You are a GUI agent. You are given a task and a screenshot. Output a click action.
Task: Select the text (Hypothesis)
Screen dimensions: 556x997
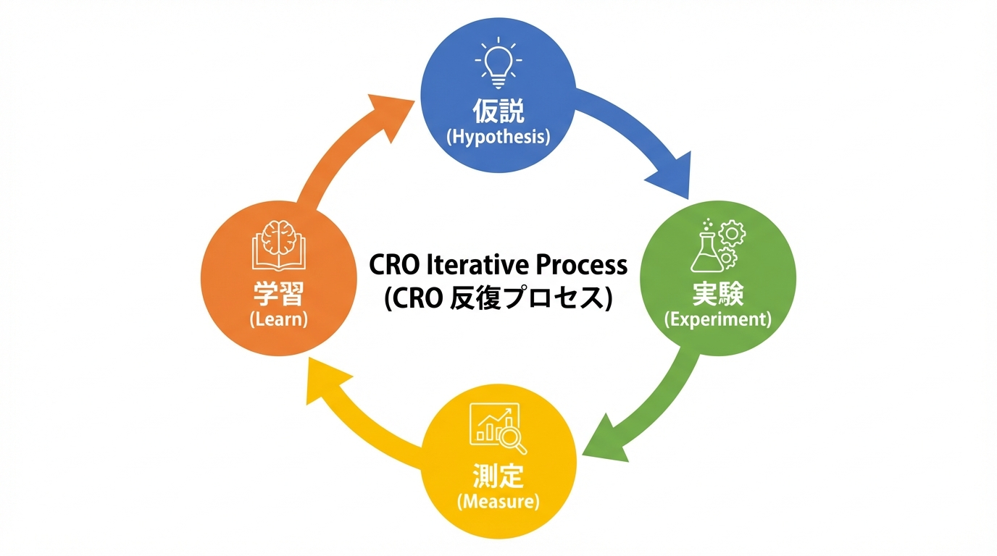[498, 137]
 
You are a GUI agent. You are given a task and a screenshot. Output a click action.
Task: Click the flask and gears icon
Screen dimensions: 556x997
[717, 243]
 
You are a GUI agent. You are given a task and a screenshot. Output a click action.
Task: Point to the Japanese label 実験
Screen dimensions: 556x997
[718, 294]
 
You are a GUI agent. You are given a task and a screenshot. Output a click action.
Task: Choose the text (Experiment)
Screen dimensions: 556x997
[718, 319]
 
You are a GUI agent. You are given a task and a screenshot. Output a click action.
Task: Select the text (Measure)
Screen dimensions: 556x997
[498, 502]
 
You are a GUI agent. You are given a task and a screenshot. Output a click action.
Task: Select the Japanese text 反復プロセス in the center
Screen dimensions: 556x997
[535, 298]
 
